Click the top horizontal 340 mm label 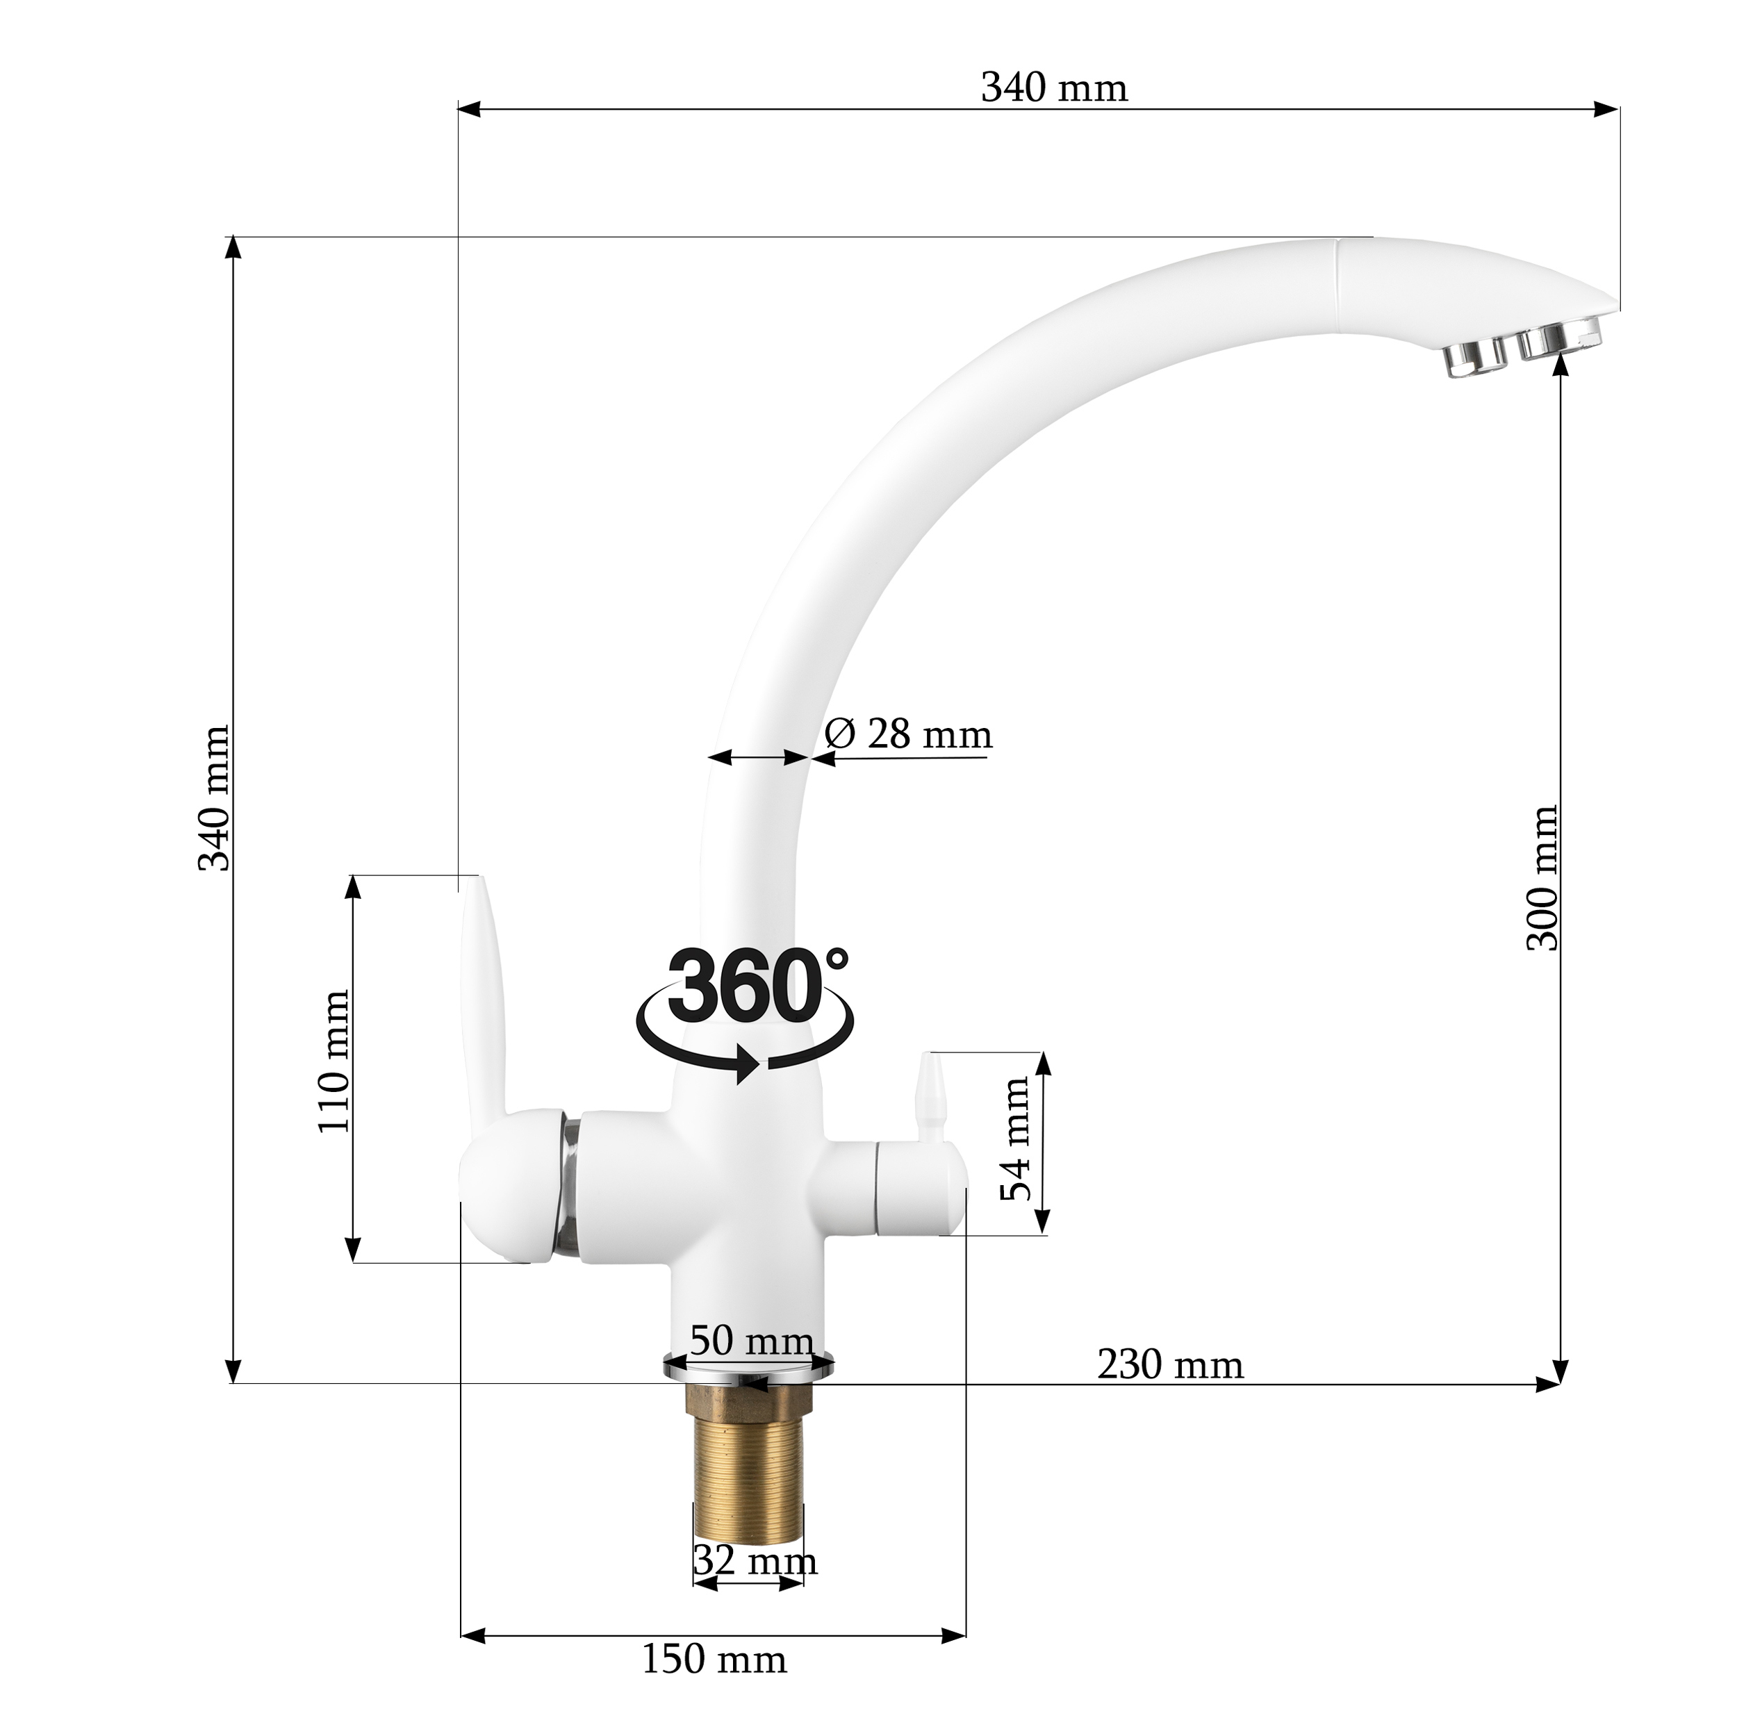(x=1054, y=89)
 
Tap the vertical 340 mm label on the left (x=214, y=799)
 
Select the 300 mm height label (x=1542, y=877)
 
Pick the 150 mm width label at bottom (x=714, y=1683)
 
